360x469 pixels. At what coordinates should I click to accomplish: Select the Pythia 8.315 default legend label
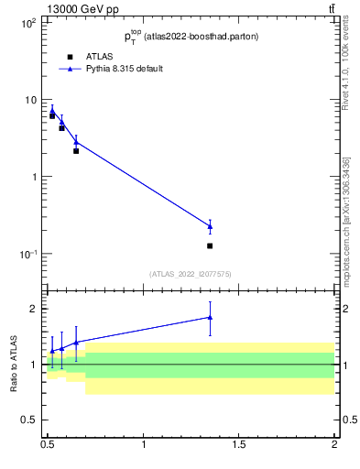[x=126, y=69]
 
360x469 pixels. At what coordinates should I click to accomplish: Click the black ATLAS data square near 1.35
[x=210, y=245]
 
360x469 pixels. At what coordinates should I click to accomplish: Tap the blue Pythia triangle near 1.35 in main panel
[x=210, y=225]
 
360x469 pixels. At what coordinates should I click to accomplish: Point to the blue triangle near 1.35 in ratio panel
[x=210, y=317]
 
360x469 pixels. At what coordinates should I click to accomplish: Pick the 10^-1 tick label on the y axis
[x=27, y=254]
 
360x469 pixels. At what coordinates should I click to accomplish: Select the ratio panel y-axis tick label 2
[x=34, y=309]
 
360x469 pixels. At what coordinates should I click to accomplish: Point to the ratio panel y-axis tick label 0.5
[x=29, y=420]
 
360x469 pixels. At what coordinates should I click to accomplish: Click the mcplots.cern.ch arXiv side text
[x=345, y=220]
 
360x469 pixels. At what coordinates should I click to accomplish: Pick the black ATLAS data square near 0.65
[x=76, y=150]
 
